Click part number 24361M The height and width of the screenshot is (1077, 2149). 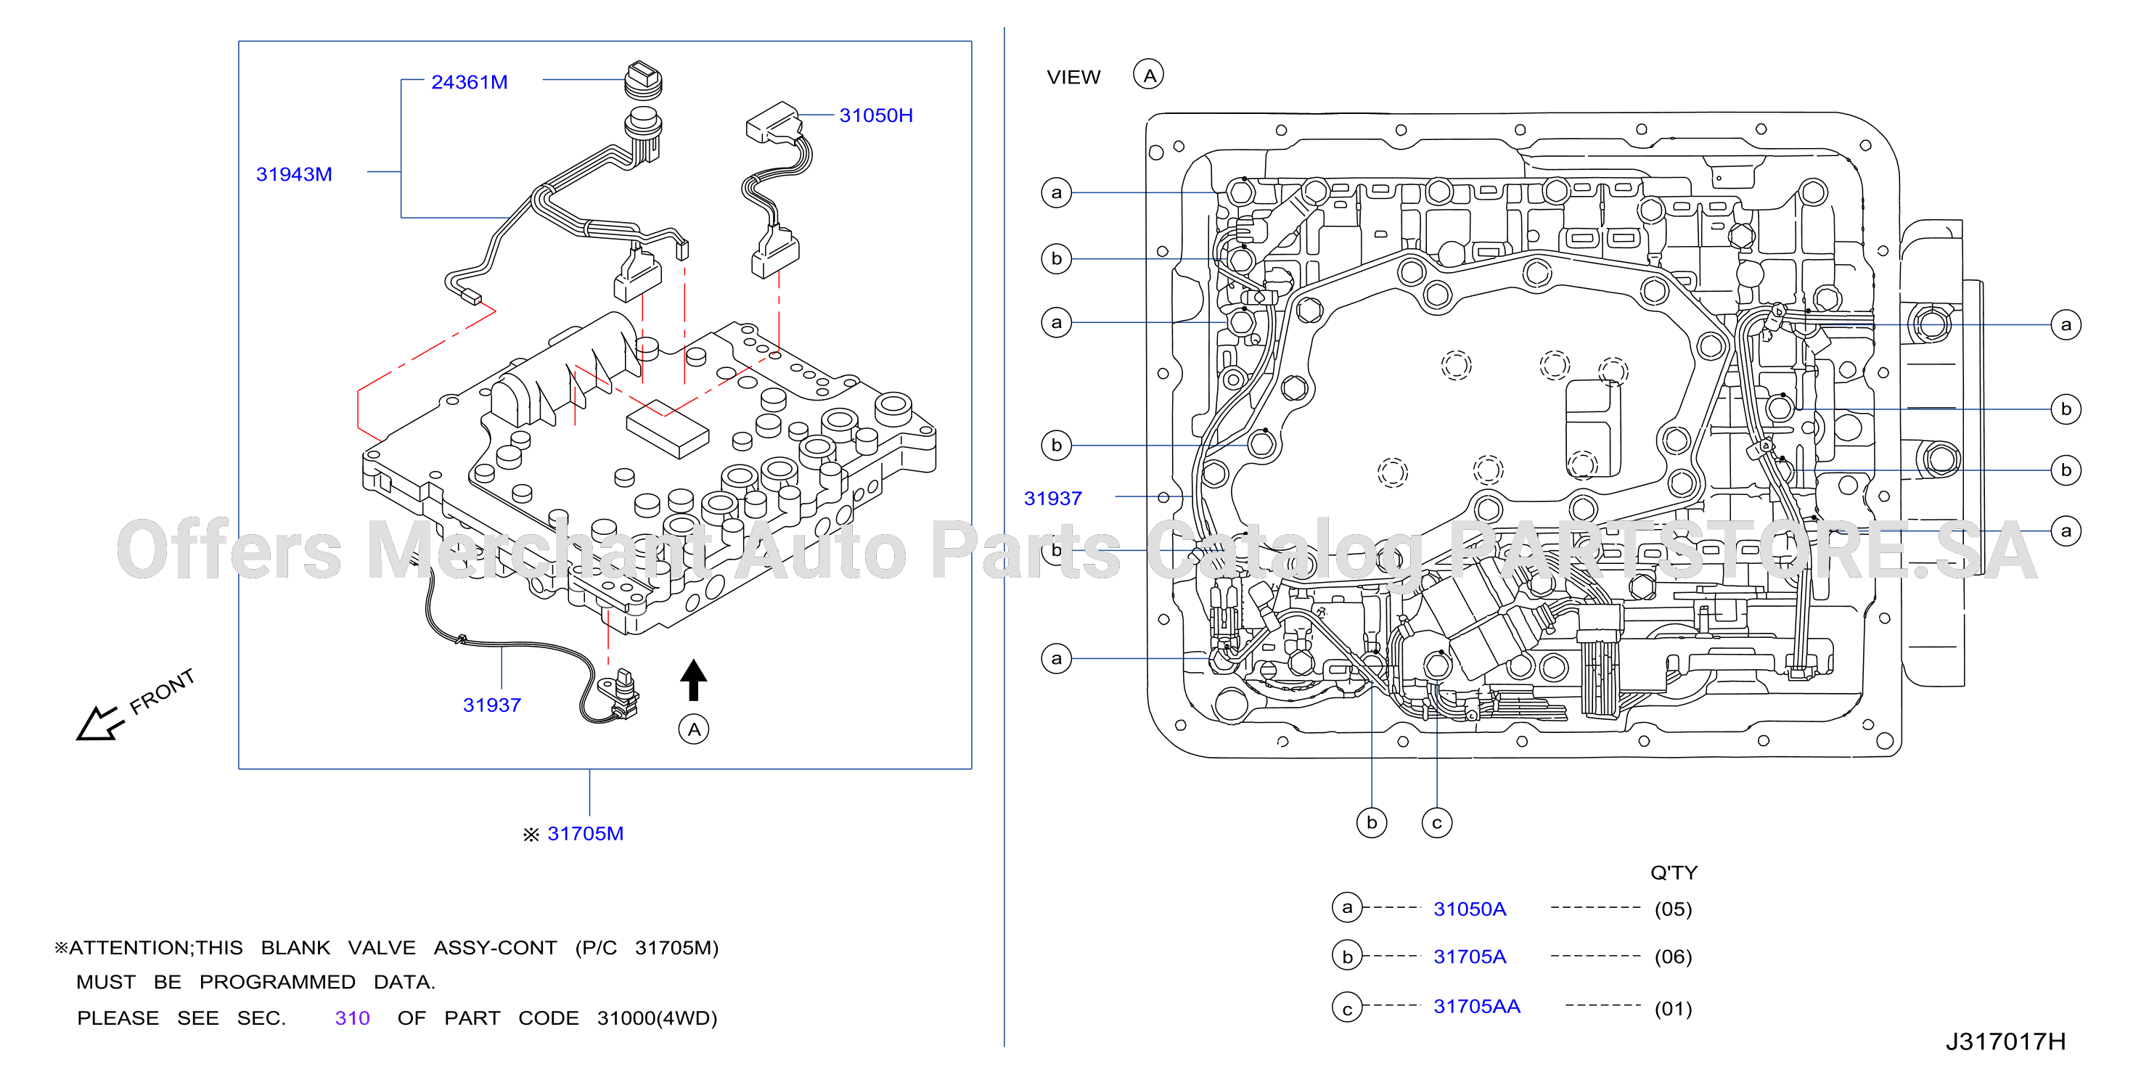pyautogui.click(x=469, y=82)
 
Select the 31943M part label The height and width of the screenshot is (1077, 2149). pyautogui.click(x=294, y=174)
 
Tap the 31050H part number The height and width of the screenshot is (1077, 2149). pyautogui.click(x=876, y=115)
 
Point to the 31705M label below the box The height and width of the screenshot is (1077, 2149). pyautogui.click(x=585, y=833)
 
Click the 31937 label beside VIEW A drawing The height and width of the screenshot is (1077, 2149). pyautogui.click(x=1053, y=498)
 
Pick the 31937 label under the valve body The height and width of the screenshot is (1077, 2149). pyautogui.click(x=492, y=705)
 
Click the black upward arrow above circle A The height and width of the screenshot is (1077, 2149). pyautogui.click(x=693, y=680)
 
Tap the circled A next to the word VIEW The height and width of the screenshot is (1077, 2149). pyautogui.click(x=1149, y=75)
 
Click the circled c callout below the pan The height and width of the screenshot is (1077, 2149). pyautogui.click(x=1436, y=822)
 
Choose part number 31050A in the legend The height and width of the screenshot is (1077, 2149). pyautogui.click(x=1470, y=909)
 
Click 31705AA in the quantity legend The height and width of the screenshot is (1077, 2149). pyautogui.click(x=1477, y=1006)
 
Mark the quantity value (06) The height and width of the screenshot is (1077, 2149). pyautogui.click(x=1674, y=956)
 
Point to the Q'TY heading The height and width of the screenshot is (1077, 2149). pyautogui.click(x=1674, y=872)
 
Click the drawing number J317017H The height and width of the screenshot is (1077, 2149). pyautogui.click(x=2005, y=1041)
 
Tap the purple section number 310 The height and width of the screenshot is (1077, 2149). pyautogui.click(x=352, y=1017)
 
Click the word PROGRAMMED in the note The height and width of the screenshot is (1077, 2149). pyautogui.click(x=277, y=982)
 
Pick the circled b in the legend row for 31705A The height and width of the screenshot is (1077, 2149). pyautogui.click(x=1347, y=956)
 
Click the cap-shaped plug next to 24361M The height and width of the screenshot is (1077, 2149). pyautogui.click(x=643, y=80)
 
